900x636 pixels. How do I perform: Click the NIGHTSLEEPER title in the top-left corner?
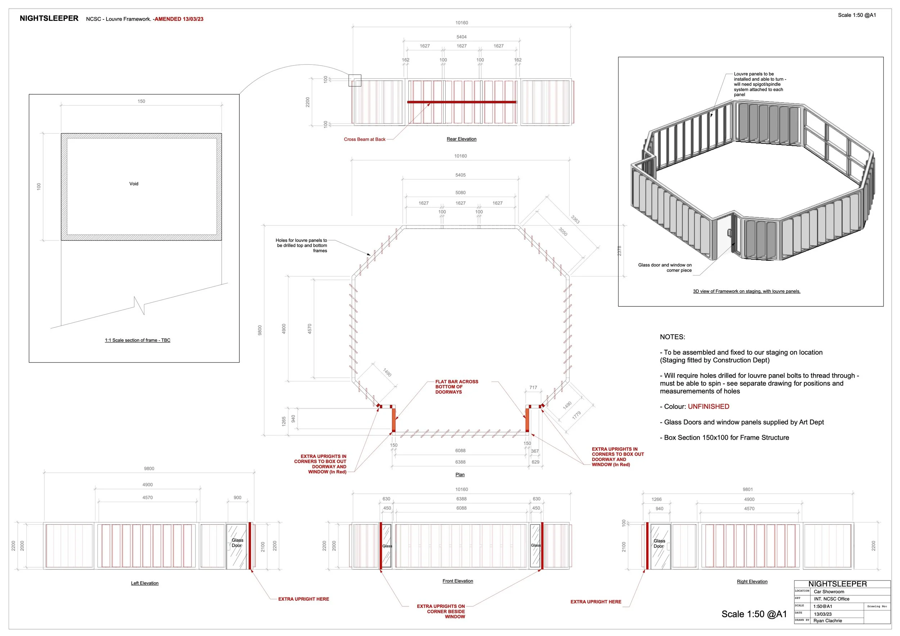click(49, 18)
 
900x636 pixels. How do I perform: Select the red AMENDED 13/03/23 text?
click(179, 19)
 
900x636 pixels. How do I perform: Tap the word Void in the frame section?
click(134, 184)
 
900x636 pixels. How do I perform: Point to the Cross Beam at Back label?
click(365, 139)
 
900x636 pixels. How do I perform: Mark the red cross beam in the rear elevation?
click(462, 102)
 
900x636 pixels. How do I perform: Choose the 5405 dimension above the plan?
click(460, 175)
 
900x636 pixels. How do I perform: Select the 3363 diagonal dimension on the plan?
click(575, 219)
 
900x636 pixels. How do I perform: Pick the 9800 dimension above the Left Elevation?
click(149, 469)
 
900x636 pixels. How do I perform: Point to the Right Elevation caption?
click(752, 582)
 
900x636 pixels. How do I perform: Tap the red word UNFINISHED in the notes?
click(708, 407)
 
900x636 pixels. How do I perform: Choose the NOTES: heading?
click(672, 337)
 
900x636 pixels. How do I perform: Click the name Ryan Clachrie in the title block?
click(828, 621)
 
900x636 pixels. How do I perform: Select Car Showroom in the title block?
click(829, 592)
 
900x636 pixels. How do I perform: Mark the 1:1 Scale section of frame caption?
click(137, 340)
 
